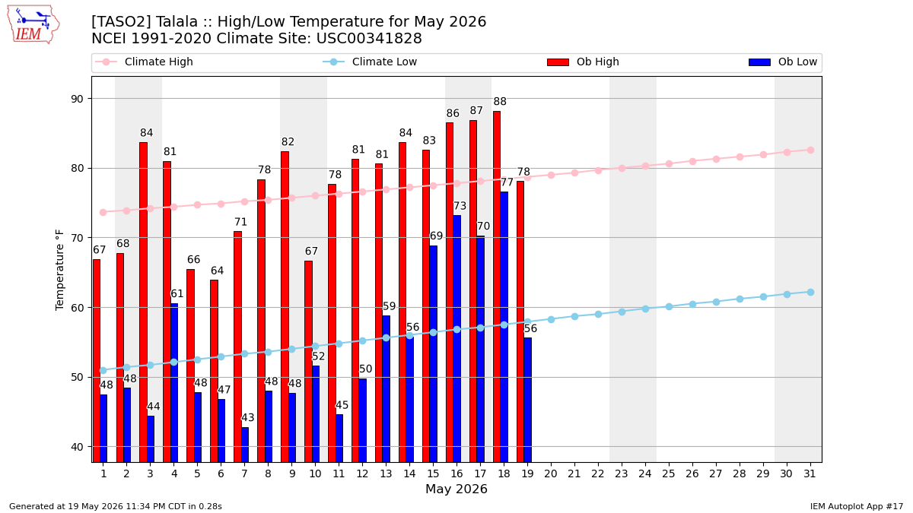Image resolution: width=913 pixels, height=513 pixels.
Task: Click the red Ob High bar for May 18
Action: [x=496, y=287]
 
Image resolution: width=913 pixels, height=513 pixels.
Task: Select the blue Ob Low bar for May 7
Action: [x=245, y=445]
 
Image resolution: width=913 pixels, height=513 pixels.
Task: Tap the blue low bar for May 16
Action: [x=457, y=339]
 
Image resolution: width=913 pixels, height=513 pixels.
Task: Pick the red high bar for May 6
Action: [x=214, y=371]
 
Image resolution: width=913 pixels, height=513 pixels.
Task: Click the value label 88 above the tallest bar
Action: [x=500, y=101]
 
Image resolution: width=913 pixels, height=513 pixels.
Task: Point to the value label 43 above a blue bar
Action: [x=248, y=418]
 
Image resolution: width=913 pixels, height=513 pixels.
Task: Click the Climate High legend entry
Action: [x=144, y=62]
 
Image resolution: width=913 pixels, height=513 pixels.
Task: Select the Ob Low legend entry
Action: [x=783, y=62]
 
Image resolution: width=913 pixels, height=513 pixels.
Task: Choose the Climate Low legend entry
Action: [x=370, y=62]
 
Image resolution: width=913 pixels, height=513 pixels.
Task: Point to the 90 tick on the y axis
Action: [x=77, y=99]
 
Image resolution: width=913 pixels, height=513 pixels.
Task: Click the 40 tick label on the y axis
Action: [x=77, y=447]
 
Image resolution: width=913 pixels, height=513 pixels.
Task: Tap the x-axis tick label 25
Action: [x=669, y=474]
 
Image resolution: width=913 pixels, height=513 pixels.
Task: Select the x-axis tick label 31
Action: [x=810, y=474]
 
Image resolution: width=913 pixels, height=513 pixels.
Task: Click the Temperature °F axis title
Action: [x=59, y=270]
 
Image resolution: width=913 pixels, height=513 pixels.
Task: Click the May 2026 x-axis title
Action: [x=456, y=489]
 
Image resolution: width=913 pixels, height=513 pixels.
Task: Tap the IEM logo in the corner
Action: [x=33, y=25]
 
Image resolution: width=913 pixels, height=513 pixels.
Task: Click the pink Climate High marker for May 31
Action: [x=810, y=150]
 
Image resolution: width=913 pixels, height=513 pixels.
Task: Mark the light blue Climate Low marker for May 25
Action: [x=669, y=306]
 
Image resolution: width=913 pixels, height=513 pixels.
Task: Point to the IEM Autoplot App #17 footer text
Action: [x=857, y=506]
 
